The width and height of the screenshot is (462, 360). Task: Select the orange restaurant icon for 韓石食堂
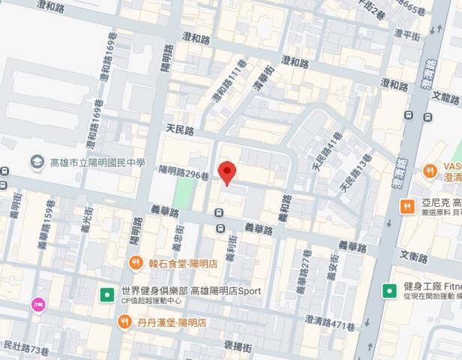tap(135, 262)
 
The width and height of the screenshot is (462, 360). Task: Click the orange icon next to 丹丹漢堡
tap(124, 322)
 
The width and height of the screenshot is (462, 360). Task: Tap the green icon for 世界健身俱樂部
tap(107, 291)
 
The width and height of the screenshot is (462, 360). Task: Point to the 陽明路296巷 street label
tap(184, 172)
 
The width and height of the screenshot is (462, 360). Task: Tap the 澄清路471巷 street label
tap(329, 321)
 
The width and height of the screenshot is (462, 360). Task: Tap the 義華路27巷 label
tap(301, 277)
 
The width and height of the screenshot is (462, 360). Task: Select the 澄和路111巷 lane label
tap(228, 82)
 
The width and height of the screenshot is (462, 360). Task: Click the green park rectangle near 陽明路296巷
tap(182, 194)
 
